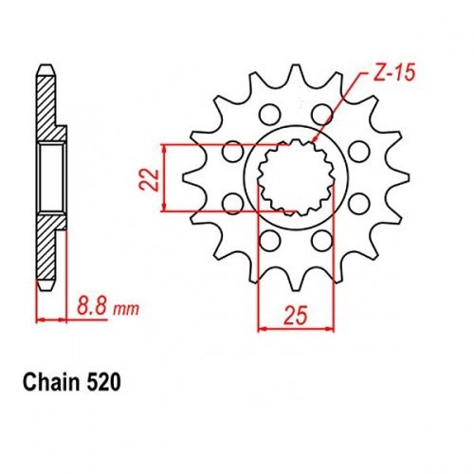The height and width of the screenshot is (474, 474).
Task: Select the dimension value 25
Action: tap(296, 316)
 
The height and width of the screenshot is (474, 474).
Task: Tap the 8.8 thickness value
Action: tap(92, 305)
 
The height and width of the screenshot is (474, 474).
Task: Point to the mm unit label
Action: tap(126, 310)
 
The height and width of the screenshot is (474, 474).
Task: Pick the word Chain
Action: tap(51, 383)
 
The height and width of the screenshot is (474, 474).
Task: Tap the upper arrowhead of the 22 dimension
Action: tap(164, 150)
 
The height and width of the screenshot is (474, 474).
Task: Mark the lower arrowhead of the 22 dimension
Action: tap(164, 207)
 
